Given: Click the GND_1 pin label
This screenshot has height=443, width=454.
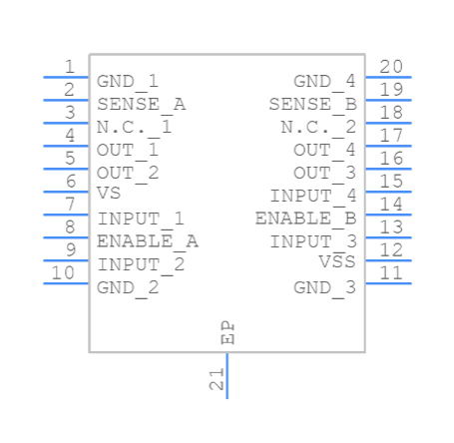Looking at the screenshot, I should point(127,81).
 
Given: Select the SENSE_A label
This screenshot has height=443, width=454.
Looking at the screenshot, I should point(141,104).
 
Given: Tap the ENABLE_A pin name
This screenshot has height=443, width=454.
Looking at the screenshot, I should point(147,241).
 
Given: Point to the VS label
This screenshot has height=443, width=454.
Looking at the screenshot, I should point(109,194).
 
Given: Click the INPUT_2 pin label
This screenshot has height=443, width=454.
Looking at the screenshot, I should point(141,264).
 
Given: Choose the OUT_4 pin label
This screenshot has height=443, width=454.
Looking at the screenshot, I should point(324,150).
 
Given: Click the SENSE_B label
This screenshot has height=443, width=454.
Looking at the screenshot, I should point(312,104).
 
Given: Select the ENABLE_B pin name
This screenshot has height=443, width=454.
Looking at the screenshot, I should point(305,218).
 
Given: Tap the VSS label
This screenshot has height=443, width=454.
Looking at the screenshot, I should point(337,262).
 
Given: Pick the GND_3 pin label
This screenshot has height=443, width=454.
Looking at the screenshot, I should point(324,287).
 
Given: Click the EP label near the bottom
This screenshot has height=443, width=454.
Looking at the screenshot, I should point(227,334).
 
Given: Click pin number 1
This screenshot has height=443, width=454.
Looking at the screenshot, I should point(69,67).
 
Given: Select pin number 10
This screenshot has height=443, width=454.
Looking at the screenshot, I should point(63,272).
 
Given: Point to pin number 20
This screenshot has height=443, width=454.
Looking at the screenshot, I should point(391,67).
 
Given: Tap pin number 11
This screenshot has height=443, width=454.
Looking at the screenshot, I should point(391,272).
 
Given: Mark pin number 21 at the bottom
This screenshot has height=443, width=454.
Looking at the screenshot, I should point(216,379).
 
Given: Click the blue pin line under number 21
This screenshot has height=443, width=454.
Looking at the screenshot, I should point(227,375).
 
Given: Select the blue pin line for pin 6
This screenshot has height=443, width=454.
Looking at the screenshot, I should point(66,192).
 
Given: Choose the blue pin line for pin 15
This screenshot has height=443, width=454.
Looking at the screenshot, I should point(388,192).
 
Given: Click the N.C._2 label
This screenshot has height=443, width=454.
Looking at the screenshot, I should point(318,127).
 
